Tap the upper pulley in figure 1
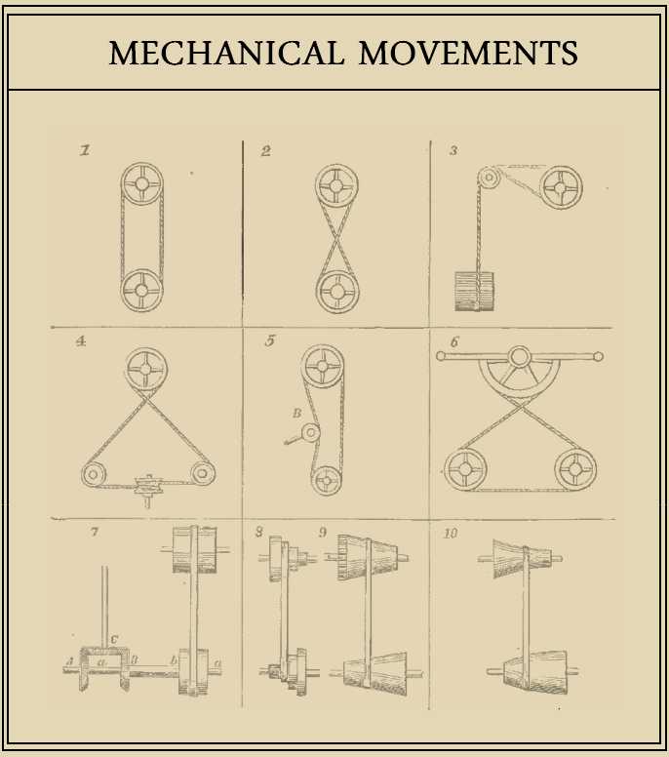pyautogui.click(x=142, y=183)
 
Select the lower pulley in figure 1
pyautogui.click(x=142, y=289)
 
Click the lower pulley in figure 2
pyautogui.click(x=336, y=291)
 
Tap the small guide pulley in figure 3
pyautogui.click(x=489, y=179)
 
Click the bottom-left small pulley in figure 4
pyautogui.click(x=95, y=475)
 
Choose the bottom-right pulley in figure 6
pyautogui.click(x=575, y=470)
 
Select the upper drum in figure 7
pyautogui.click(x=193, y=551)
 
